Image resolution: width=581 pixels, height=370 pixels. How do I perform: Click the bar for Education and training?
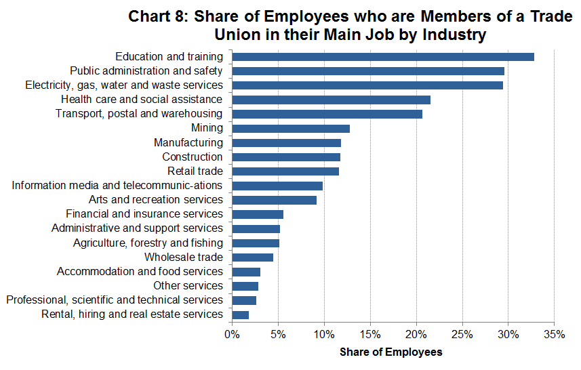click(x=382, y=57)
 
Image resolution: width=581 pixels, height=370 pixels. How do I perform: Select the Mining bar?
click(x=290, y=128)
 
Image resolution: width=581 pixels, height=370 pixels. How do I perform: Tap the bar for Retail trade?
click(x=285, y=171)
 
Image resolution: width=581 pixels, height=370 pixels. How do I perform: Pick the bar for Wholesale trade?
click(x=252, y=258)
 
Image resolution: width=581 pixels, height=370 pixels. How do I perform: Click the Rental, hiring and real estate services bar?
click(x=240, y=314)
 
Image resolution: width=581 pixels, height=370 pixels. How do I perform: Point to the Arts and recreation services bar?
click(x=274, y=200)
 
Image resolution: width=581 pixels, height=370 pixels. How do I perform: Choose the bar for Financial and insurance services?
click(x=257, y=214)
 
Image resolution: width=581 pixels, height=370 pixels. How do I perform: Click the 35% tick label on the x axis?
click(x=555, y=334)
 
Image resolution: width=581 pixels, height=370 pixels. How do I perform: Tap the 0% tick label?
click(x=232, y=334)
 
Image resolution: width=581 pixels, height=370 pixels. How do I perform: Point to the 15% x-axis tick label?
click(x=370, y=334)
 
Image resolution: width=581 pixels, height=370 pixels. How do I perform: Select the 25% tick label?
click(x=462, y=334)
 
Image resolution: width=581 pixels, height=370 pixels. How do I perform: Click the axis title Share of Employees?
click(x=390, y=352)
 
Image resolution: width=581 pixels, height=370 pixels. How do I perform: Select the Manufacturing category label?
click(x=188, y=143)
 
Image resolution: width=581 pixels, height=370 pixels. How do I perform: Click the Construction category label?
click(x=192, y=157)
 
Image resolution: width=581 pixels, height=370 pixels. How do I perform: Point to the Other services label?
click(x=188, y=286)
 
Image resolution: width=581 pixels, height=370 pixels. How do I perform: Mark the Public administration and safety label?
click(x=146, y=70)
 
